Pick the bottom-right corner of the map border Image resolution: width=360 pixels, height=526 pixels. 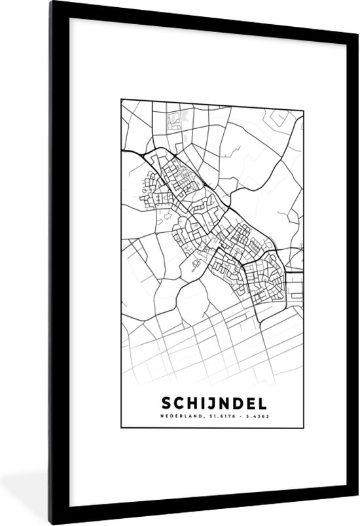(x=304, y=427)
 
